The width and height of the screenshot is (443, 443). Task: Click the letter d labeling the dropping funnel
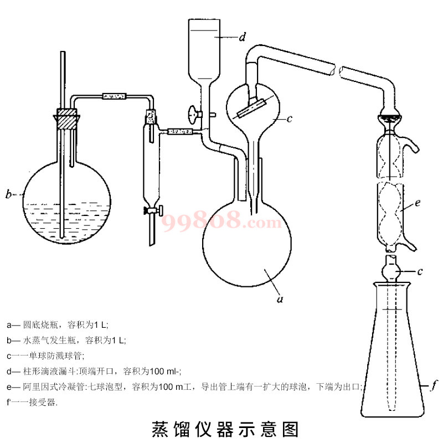click(242, 38)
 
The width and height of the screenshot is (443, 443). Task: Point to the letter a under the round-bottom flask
click(280, 300)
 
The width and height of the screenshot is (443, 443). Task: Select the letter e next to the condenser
click(417, 203)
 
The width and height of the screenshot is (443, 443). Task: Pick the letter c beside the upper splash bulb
click(290, 119)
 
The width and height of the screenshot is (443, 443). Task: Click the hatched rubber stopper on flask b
click(67, 120)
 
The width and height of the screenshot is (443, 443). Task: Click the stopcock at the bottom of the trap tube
click(152, 210)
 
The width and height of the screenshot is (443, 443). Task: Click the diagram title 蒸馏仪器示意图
click(225, 429)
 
